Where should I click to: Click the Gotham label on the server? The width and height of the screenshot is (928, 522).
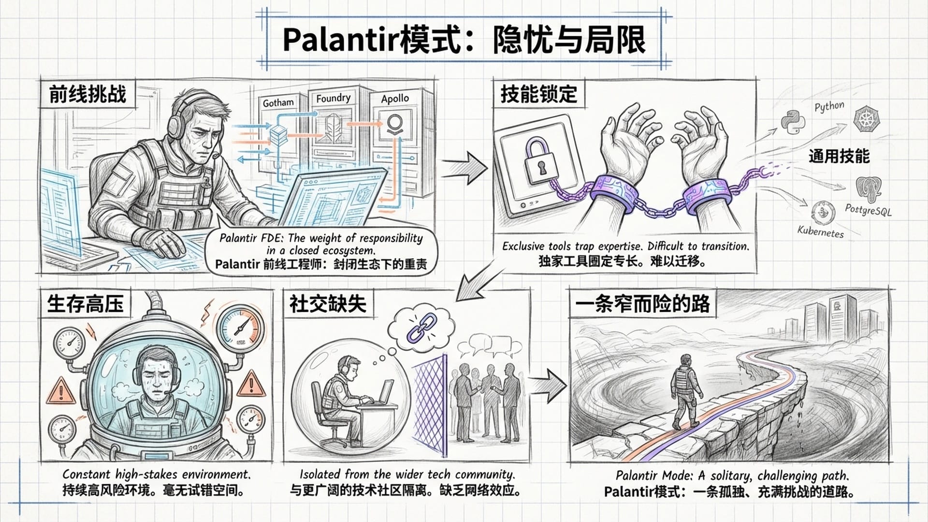pos(278,102)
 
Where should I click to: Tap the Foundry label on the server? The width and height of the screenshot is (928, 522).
pos(333,98)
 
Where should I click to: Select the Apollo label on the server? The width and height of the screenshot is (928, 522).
pos(394,99)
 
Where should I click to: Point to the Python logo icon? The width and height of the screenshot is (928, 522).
pos(793,122)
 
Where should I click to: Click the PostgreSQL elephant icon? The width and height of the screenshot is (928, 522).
pos(868,189)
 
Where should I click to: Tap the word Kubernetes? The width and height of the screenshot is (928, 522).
pos(820,232)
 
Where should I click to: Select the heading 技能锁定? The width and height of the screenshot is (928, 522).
pos(538,94)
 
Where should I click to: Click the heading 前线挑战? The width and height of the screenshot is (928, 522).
pos(87,94)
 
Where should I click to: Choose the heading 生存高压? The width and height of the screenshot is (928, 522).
pos(86,304)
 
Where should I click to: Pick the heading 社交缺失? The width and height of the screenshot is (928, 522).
pos(328,304)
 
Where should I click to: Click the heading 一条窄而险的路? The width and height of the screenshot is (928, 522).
pos(642,304)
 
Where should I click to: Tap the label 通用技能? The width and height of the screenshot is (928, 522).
pos(839,157)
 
